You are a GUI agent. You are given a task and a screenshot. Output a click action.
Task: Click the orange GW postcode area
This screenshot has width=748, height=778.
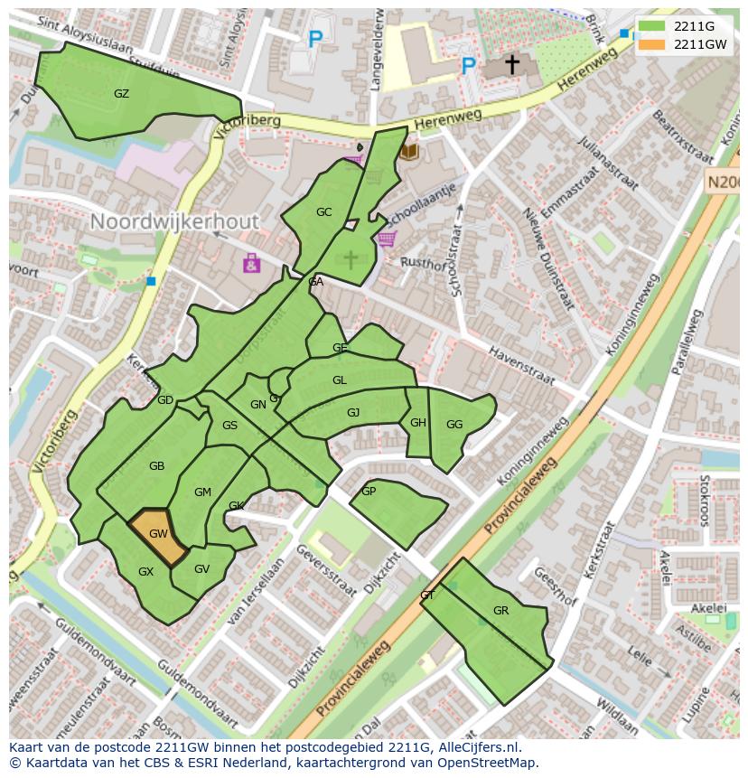tap(157, 536)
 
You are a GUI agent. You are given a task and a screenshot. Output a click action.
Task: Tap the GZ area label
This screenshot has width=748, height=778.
tap(121, 94)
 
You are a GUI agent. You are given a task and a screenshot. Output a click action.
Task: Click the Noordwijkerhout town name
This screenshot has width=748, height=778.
tap(174, 221)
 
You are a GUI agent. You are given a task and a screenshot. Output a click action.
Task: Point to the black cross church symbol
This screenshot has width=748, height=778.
tap(511, 64)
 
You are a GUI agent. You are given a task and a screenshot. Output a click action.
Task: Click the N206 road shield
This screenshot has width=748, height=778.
tap(724, 182)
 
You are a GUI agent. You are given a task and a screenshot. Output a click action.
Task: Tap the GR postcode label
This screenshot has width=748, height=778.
tap(500, 611)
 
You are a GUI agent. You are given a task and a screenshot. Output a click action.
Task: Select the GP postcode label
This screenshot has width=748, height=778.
tap(368, 492)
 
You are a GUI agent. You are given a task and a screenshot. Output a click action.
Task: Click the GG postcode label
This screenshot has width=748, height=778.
tap(453, 424)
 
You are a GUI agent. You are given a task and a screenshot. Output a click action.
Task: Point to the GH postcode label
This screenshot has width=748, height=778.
tap(417, 423)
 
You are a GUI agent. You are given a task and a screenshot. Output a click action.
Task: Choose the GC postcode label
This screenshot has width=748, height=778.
tap(323, 212)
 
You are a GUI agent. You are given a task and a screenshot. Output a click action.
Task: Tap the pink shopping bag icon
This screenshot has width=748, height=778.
tap(251, 263)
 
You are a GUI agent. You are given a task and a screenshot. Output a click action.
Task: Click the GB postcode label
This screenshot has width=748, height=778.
tap(156, 466)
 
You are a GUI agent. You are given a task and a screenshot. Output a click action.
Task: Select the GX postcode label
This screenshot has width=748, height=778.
tap(145, 572)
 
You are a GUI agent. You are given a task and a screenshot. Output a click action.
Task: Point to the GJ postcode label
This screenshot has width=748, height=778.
tap(353, 413)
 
